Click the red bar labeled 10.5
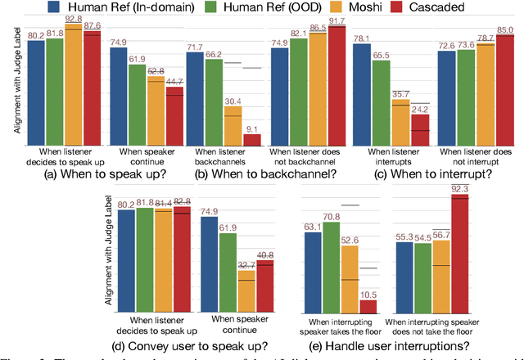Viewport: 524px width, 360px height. pyautogui.click(x=369, y=307)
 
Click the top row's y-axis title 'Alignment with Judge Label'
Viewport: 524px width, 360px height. pyautogui.click(x=9, y=90)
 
